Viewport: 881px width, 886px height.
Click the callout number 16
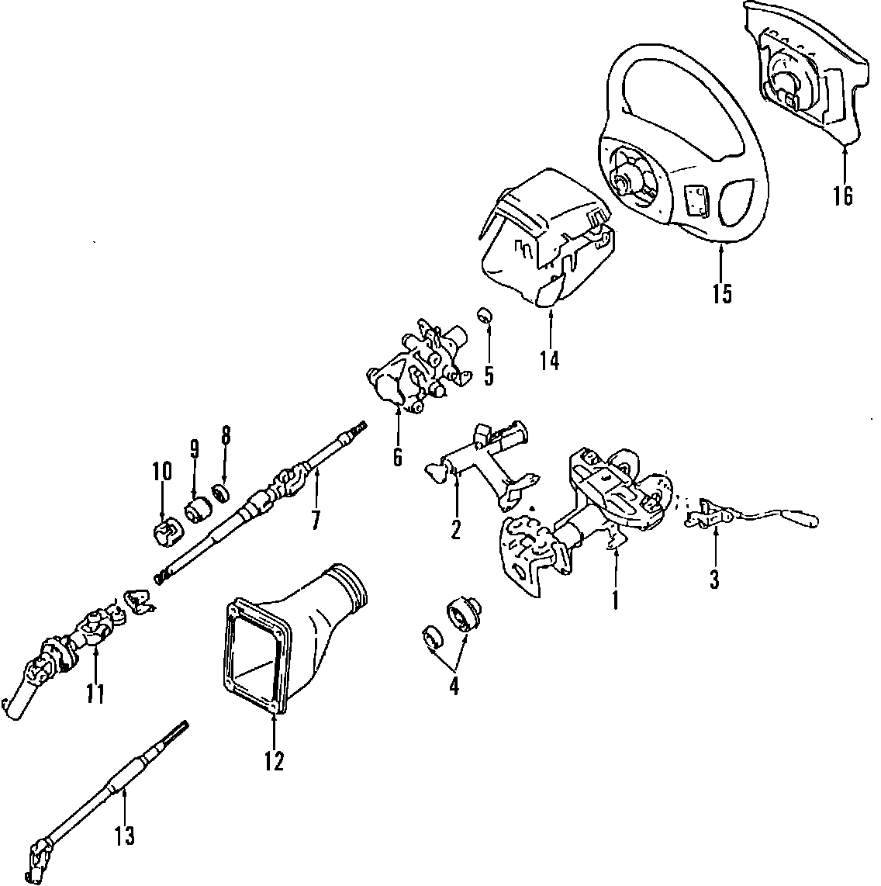pos(843,196)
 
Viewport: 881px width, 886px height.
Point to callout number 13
pos(124,836)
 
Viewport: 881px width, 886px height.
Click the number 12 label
pos(274,761)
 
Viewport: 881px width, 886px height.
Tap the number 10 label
pos(161,471)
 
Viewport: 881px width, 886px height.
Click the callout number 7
pos(316,519)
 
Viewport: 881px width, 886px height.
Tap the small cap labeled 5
pos(485,314)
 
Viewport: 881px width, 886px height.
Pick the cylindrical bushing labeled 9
pos(199,510)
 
